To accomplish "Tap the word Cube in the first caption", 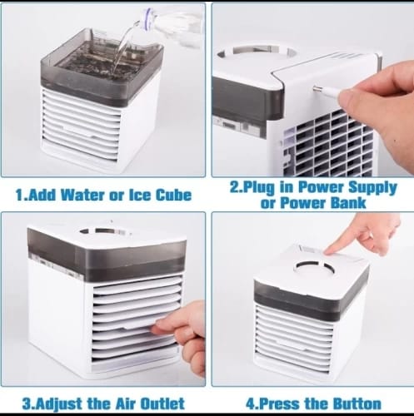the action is (x=173, y=195).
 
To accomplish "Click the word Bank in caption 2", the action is (x=348, y=203).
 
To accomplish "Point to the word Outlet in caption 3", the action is (x=162, y=404).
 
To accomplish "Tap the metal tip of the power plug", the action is (x=317, y=89).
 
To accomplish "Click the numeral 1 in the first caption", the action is (x=20, y=195).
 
